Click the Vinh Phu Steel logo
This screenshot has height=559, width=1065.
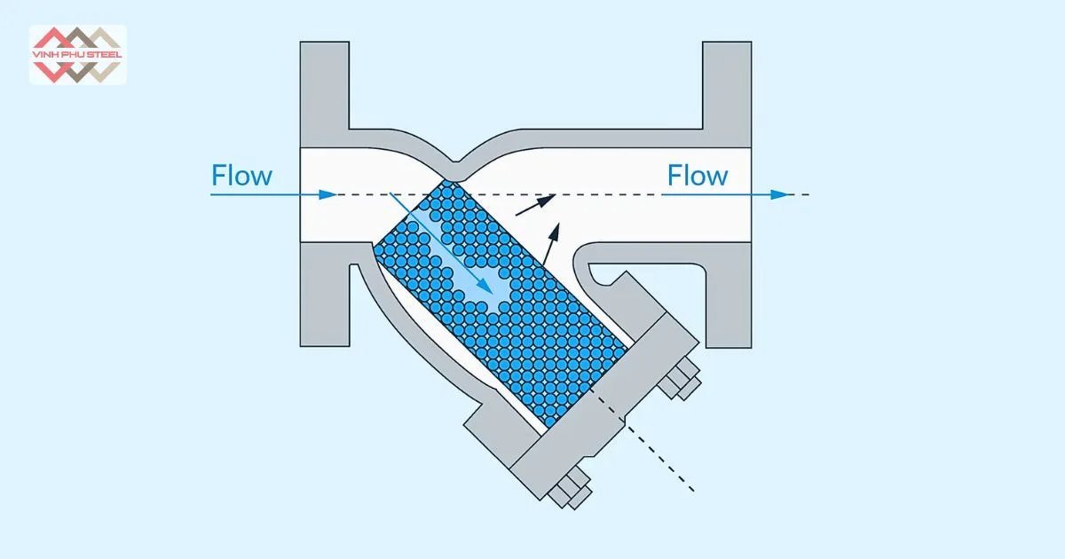(78, 54)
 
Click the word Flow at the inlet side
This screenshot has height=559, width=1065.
(241, 176)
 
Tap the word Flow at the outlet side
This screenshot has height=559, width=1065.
(698, 176)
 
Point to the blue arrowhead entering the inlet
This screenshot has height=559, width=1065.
(329, 194)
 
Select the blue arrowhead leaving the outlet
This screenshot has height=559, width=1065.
(779, 194)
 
